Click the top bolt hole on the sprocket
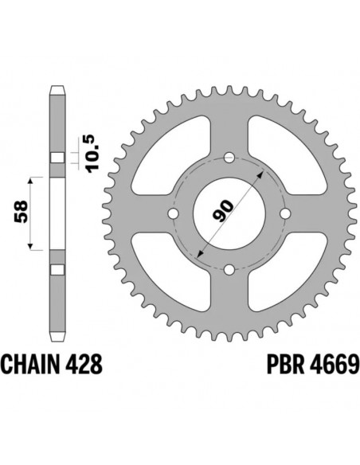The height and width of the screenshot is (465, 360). [x=229, y=155]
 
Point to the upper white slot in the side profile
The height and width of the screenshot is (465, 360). [x=56, y=156]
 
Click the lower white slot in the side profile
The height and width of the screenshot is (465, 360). [x=56, y=270]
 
